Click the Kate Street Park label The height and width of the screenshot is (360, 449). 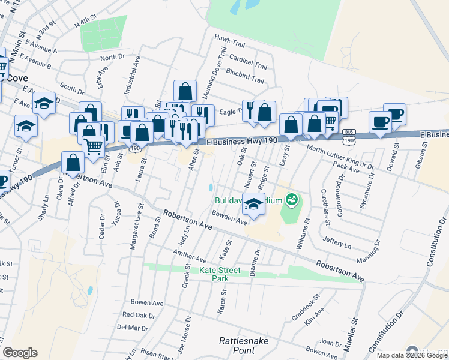point(221,274)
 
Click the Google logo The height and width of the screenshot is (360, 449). point(20,353)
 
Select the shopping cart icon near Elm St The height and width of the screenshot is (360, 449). point(93,146)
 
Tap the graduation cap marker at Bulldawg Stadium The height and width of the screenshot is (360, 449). point(253,205)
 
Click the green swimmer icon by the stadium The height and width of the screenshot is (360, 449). point(292,199)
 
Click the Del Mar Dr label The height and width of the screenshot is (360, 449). point(132,328)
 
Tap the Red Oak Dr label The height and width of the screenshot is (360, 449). point(139,314)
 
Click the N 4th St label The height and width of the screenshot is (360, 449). point(85,23)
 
